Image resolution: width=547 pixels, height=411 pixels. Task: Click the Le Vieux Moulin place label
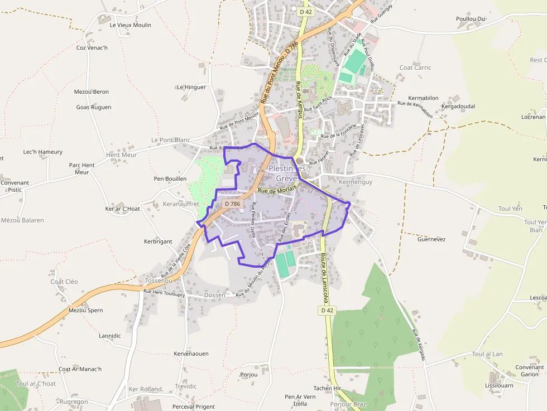[130, 25]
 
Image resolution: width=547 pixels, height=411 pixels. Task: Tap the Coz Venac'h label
[92, 47]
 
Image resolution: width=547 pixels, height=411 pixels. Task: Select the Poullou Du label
[471, 19]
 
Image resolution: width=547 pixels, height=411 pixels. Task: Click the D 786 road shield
[232, 204]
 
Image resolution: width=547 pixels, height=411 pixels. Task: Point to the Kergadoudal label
[458, 106]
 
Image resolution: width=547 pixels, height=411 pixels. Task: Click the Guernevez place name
[431, 239]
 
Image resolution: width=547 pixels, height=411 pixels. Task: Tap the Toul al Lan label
[487, 354]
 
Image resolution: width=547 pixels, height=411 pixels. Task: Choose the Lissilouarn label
[499, 385]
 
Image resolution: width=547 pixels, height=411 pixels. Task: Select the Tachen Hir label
[327, 388]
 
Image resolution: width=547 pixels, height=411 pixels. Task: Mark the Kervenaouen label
[191, 354]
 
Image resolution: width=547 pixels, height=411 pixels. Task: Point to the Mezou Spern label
[85, 310]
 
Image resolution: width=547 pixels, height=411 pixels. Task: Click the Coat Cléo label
[64, 282]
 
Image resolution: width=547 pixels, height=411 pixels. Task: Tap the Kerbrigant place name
[158, 241]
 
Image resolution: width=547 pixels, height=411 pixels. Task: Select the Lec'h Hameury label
[42, 152]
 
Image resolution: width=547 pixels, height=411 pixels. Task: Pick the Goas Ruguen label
[94, 107]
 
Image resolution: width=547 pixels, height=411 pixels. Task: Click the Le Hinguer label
[191, 87]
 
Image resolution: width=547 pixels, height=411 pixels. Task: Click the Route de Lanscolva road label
[324, 276]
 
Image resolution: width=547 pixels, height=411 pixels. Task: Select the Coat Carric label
[415, 67]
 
